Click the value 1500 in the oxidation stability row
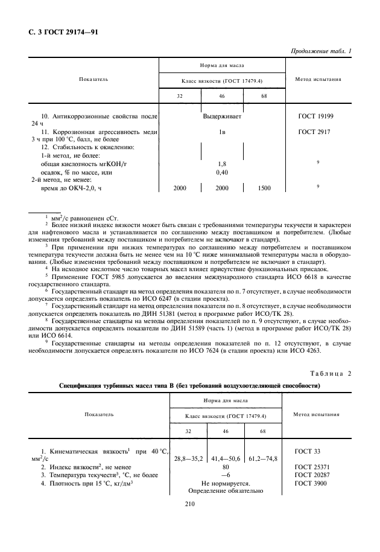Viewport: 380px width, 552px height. coord(264,188)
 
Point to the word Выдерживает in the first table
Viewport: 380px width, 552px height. coord(221,116)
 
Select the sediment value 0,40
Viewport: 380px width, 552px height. coord(221,172)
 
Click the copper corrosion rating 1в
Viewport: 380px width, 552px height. coord(221,131)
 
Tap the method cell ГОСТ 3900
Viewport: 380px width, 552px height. coord(313,483)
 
